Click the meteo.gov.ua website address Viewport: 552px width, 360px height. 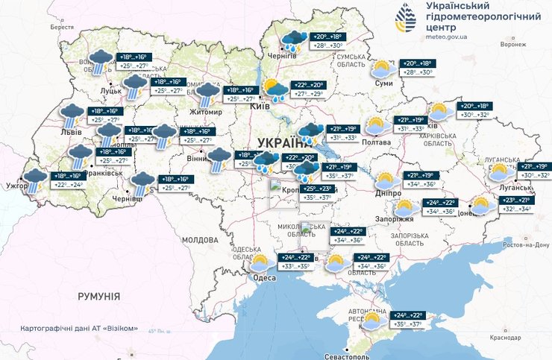point(446,35)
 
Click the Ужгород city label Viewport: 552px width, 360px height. point(17,183)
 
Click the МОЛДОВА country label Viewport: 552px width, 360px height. point(199,240)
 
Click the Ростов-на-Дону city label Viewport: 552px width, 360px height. point(526,244)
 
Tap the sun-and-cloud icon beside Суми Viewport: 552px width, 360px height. point(384,70)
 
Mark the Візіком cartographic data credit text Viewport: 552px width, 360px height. point(77,326)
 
